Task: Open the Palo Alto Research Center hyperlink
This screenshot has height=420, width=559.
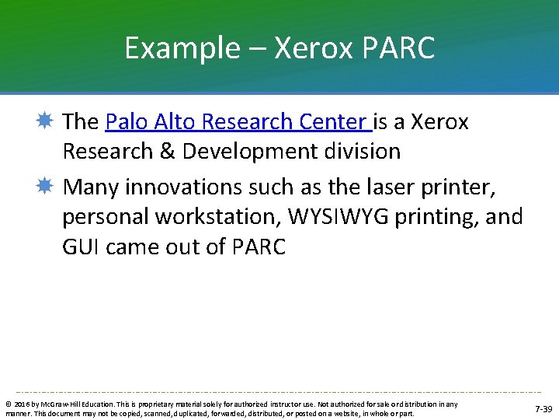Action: point(238,122)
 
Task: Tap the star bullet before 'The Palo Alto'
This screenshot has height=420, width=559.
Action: point(45,121)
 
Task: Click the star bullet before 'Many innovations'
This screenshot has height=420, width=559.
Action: point(45,187)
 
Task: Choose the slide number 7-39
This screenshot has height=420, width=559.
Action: point(543,409)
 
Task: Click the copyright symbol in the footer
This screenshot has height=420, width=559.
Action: point(8,404)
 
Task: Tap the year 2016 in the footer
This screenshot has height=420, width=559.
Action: point(20,404)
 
